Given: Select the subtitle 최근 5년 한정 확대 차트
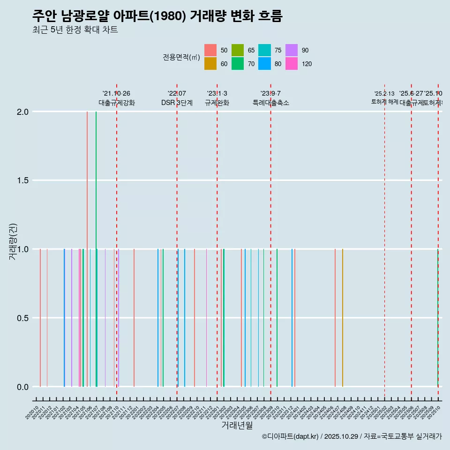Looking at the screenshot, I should [75, 30].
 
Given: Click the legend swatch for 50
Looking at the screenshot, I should [210, 50].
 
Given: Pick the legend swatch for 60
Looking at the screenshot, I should [210, 64].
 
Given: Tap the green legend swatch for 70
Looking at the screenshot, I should [238, 64].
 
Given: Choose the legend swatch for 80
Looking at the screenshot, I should [265, 64].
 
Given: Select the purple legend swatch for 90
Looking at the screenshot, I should [292, 50].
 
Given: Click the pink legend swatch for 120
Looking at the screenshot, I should [292, 64].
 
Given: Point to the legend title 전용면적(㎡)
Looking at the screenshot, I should [181, 57].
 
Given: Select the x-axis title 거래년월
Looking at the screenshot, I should [237, 425].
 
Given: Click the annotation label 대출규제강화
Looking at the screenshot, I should [117, 103].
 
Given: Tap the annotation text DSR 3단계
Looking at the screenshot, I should [177, 103].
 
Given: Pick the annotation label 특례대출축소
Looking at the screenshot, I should [271, 103].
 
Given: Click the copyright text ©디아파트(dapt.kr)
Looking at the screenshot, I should [291, 436].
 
